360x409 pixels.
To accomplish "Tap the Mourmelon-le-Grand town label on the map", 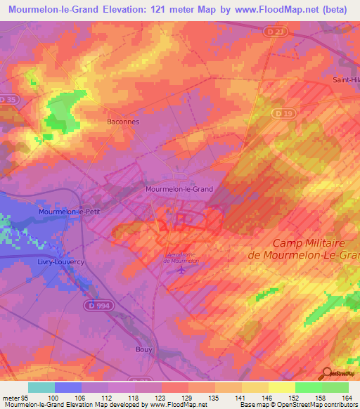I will (179, 189).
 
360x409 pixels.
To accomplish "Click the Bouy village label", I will (143, 349).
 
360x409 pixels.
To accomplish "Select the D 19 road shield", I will (283, 113).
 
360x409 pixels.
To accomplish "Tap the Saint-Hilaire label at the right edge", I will (346, 80).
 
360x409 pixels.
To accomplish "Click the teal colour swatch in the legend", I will (41, 387).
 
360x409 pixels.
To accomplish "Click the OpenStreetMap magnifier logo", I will (325, 372).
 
